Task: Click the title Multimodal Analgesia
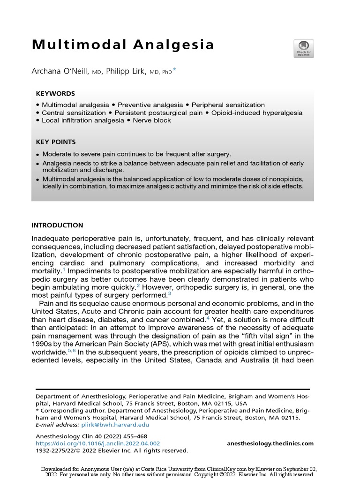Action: coord(123,45)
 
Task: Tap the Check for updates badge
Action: coord(303,49)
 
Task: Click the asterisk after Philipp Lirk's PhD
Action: coord(174,70)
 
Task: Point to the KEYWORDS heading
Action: coord(55,94)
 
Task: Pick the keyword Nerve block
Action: coord(152,120)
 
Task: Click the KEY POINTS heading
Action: coord(56,142)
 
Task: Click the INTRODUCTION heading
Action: coord(57,225)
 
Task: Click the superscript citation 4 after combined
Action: coord(208,317)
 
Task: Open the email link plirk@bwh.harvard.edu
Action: coord(115,425)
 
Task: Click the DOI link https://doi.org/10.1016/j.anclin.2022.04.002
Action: coord(98,443)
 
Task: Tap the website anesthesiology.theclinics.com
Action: coord(270,443)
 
